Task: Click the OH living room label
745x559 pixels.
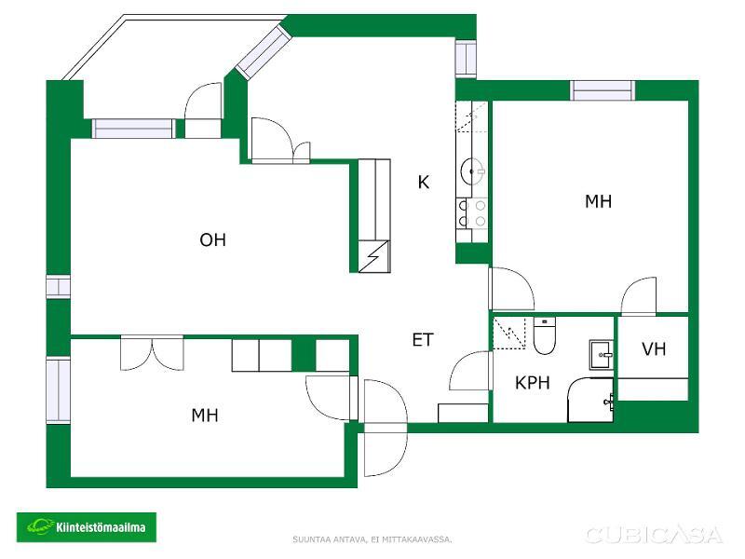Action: [212, 240]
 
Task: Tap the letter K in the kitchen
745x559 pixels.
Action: [424, 182]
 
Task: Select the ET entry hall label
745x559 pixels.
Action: [423, 340]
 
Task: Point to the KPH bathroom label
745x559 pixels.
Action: [532, 383]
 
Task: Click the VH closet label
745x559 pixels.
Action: [654, 349]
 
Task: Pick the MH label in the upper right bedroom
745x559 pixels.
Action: [598, 201]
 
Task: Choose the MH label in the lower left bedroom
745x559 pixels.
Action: [205, 415]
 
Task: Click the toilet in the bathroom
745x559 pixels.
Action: [545, 336]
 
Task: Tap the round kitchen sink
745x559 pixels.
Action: [472, 170]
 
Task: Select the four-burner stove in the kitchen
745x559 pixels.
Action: [472, 213]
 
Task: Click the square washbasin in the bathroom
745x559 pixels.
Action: [602, 355]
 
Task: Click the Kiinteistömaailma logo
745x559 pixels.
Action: [87, 527]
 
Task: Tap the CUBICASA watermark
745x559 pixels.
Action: [655, 535]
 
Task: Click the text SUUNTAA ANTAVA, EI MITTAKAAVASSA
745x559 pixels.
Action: [372, 539]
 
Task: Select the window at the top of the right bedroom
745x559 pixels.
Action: [603, 90]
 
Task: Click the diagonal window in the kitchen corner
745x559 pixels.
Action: [263, 52]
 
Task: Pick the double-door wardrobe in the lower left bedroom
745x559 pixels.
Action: [152, 353]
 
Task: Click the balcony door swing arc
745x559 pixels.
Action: [202, 102]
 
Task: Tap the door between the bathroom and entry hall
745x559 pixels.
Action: [469, 371]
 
